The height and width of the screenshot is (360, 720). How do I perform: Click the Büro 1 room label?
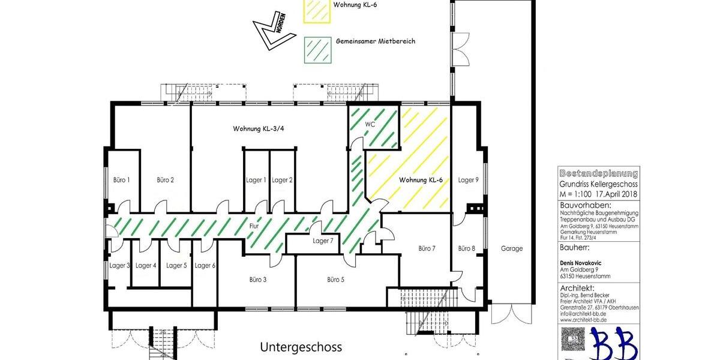click(122, 179)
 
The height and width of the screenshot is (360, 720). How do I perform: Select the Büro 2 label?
click(165, 179)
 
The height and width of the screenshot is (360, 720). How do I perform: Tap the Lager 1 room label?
click(256, 179)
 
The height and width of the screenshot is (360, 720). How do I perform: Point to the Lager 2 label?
click(282, 179)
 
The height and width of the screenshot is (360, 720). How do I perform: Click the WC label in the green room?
click(370, 124)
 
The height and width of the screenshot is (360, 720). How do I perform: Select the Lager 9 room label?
click(468, 179)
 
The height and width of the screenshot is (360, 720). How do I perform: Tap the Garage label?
click(511, 248)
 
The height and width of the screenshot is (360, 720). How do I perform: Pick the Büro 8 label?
click(467, 248)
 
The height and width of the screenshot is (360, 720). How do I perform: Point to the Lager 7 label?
click(323, 241)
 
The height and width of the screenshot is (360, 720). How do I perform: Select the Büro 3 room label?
click(258, 279)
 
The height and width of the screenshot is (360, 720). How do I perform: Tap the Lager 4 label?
click(146, 265)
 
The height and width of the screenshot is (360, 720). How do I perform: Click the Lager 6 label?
click(205, 265)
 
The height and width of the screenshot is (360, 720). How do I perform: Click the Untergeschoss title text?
click(301, 347)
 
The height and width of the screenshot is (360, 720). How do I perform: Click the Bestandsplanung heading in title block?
click(598, 173)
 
